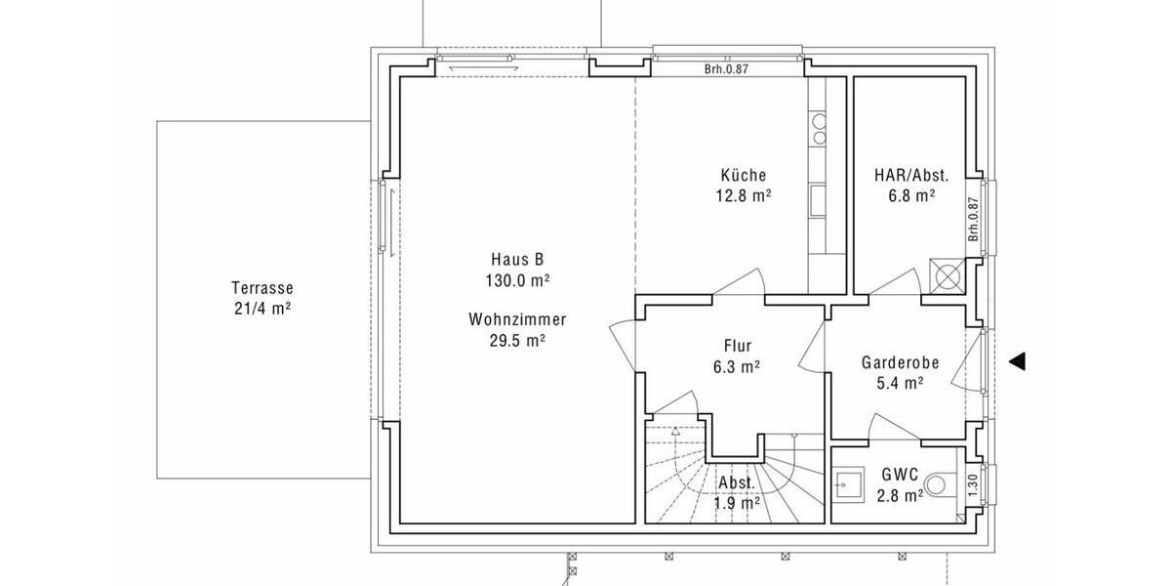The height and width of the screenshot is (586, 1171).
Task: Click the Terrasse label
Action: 262,288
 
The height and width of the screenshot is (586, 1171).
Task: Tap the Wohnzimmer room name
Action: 517,319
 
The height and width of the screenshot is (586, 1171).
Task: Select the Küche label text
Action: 744,176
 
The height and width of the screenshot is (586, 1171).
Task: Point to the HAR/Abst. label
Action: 905,176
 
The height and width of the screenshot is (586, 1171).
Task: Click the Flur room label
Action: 738,346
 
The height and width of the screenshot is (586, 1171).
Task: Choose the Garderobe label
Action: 900,362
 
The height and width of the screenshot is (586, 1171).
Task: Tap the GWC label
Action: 899,475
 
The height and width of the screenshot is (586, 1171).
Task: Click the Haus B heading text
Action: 517,260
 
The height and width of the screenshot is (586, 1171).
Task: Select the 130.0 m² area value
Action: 517,280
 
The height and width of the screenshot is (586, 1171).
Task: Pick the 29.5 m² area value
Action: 517,340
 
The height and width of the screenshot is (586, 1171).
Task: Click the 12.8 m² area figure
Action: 744,195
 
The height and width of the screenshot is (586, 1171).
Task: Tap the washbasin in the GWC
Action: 847,482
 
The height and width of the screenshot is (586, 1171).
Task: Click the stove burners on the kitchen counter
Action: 819,129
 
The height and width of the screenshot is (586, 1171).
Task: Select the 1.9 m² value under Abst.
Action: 737,504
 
